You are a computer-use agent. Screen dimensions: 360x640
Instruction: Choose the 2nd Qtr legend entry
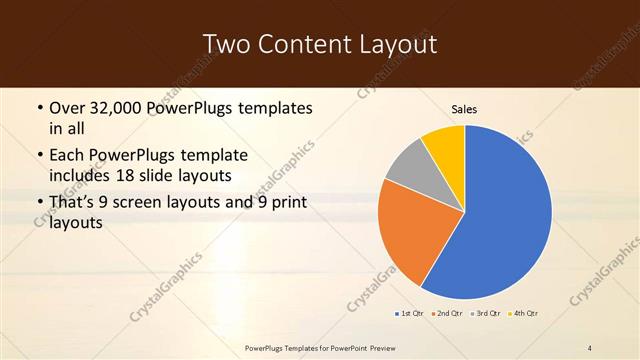tap(444, 314)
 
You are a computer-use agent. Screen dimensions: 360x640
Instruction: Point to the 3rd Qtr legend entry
tap(485, 314)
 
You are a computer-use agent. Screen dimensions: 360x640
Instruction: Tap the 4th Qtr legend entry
tap(523, 314)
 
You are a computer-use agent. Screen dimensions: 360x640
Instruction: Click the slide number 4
tap(590, 347)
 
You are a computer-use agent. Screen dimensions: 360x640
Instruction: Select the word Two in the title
tap(225, 44)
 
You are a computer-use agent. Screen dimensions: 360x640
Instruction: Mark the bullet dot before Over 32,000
tap(39, 107)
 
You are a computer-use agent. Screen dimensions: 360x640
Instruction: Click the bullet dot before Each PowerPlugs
tap(39, 156)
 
